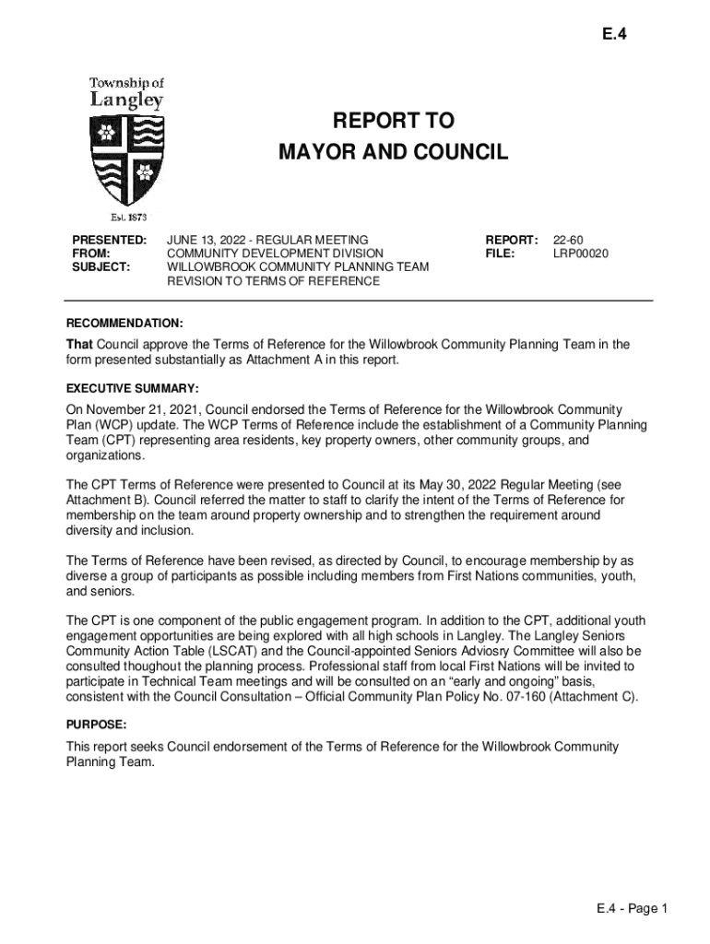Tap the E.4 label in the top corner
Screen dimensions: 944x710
point(615,37)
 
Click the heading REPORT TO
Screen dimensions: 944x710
point(394,121)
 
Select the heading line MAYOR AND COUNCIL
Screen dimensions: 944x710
point(394,152)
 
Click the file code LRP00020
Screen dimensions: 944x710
point(581,254)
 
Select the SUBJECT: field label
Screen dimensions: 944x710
point(101,267)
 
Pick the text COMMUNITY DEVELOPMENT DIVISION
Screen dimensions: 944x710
point(275,254)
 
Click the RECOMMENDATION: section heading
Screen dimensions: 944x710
point(124,324)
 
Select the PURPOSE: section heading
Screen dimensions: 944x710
point(97,726)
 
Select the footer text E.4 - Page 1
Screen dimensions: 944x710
point(632,909)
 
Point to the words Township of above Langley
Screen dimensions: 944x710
point(126,83)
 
